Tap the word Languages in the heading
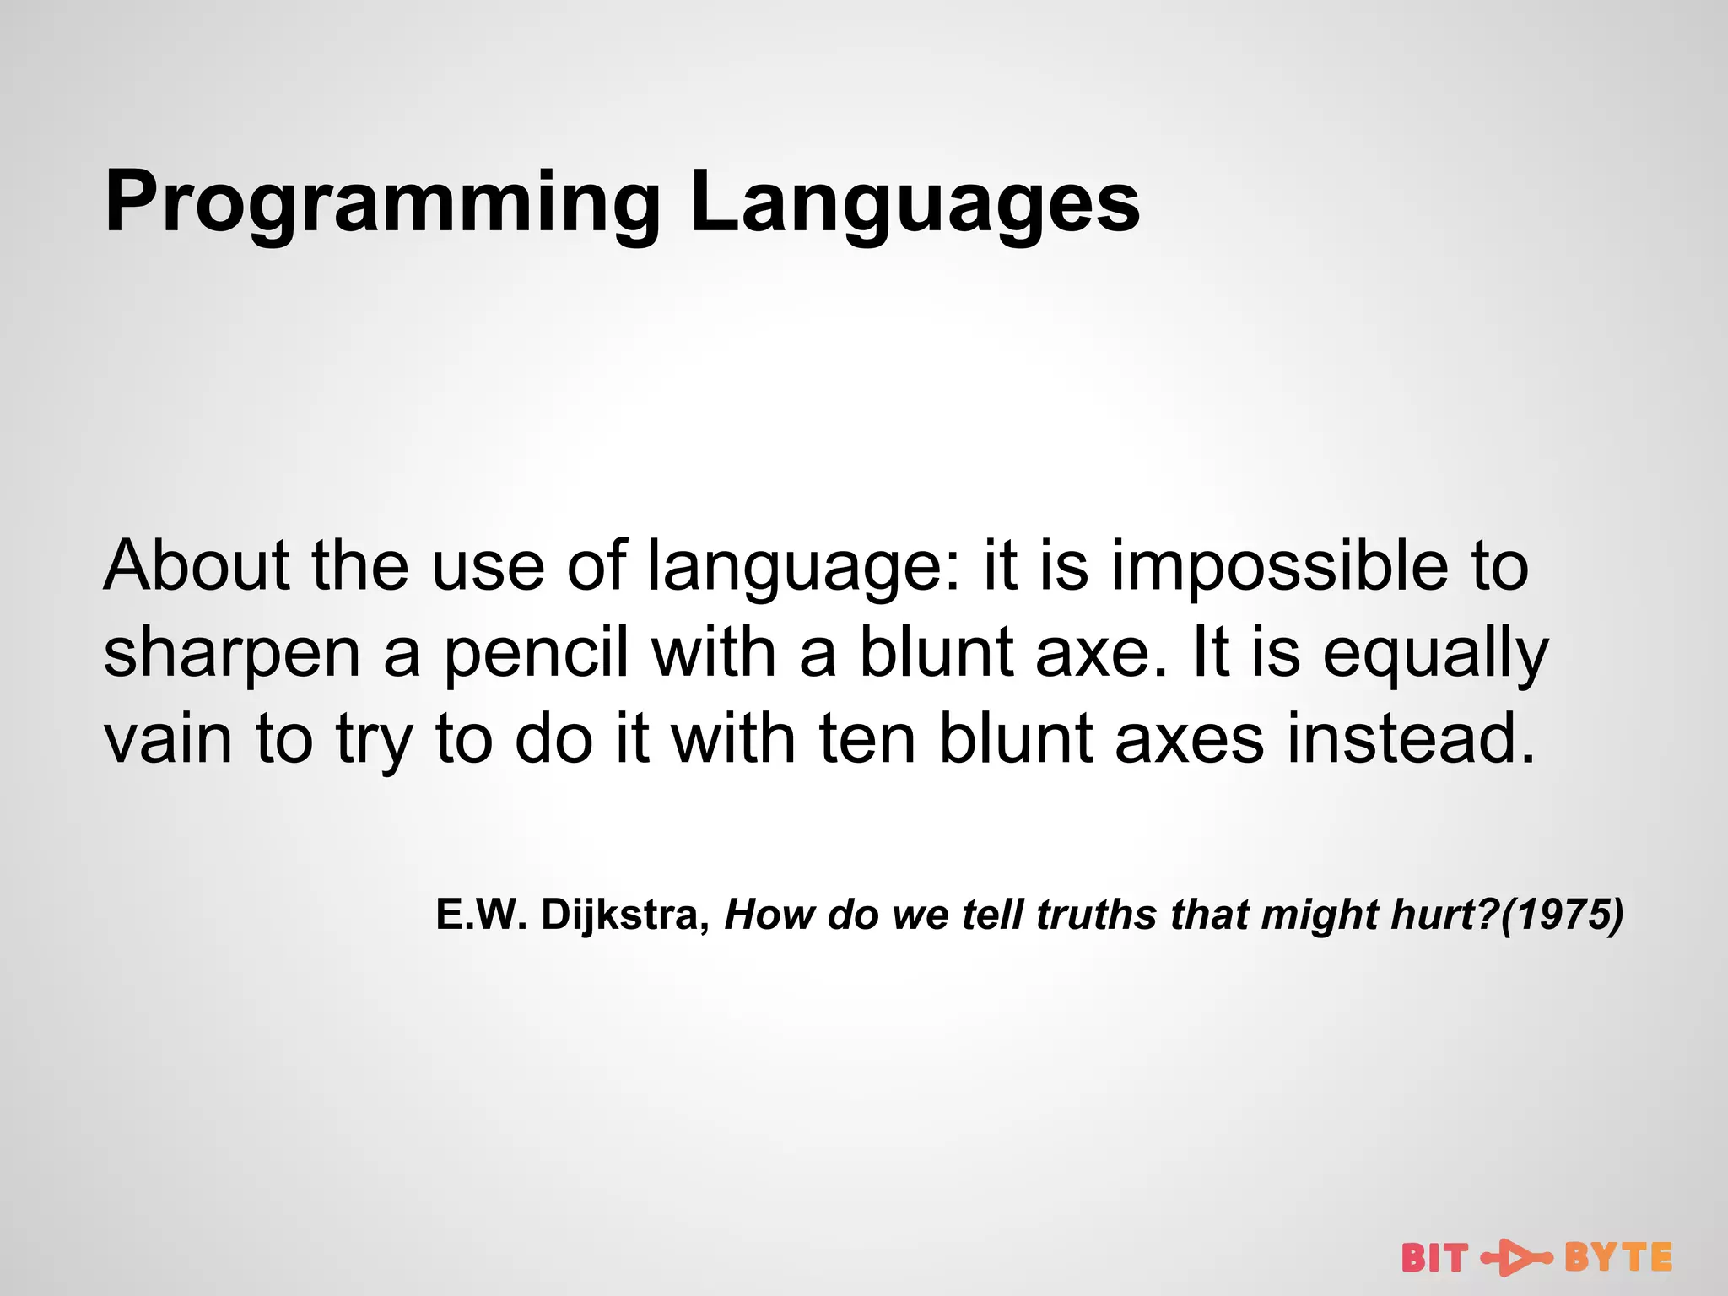click(915, 202)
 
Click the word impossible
click(1279, 565)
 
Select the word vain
click(168, 739)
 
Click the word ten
click(867, 739)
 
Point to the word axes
click(1190, 739)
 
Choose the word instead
click(1410, 739)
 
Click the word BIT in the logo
click(1434, 1258)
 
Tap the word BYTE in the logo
click(1618, 1258)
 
